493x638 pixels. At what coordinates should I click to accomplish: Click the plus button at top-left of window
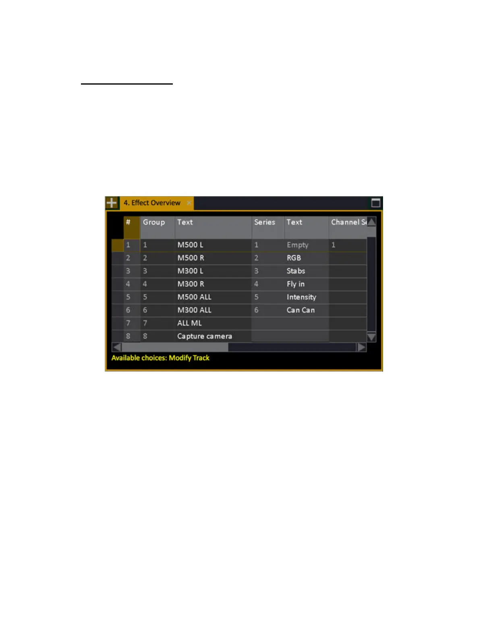112,203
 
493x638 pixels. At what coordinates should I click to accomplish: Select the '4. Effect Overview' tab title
152,203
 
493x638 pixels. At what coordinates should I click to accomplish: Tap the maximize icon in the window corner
375,203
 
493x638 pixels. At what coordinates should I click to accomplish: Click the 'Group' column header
154,222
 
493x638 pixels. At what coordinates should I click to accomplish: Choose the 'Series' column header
265,222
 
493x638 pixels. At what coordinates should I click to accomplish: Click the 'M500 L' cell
191,245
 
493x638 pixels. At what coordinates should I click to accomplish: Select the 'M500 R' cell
191,258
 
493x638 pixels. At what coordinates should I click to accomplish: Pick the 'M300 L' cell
191,271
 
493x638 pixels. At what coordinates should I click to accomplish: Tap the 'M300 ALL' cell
195,310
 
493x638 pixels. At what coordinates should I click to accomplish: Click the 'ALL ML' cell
189,323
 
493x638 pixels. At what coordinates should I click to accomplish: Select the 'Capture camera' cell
205,336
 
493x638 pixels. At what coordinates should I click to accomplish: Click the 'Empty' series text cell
298,245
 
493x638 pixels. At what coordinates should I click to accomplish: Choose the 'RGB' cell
294,258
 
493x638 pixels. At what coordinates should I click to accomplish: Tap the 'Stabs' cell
296,271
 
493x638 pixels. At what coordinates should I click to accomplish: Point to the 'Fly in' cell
296,284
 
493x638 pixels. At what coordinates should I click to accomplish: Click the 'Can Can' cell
301,310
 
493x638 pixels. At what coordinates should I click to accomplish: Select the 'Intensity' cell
301,297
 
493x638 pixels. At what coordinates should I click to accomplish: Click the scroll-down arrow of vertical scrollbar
371,337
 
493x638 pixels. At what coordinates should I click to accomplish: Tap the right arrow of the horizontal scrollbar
361,347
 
